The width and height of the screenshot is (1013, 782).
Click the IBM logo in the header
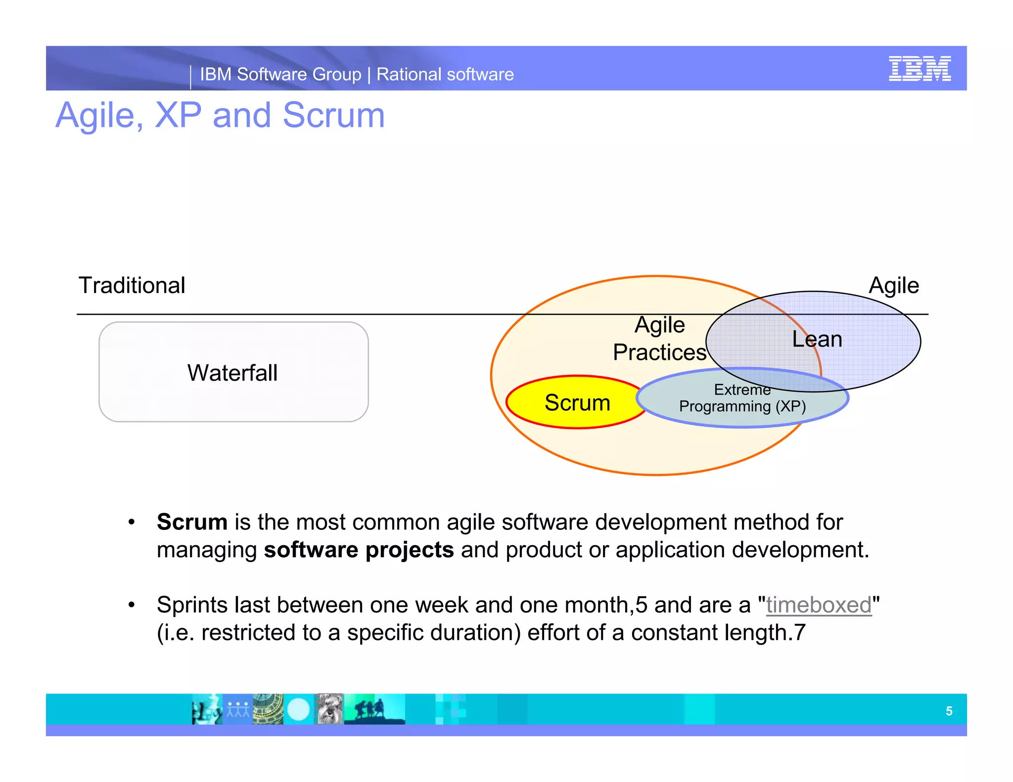pos(919,69)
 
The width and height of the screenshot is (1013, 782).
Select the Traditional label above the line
pos(132,286)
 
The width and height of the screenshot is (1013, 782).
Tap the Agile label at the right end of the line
pos(893,286)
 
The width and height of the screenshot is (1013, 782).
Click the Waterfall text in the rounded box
pos(232,373)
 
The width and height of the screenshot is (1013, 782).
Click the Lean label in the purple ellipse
pos(817,339)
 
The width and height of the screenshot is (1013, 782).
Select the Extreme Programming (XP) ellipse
pos(742,398)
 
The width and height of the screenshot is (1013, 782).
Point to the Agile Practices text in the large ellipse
pos(659,339)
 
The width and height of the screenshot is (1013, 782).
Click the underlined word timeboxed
pos(818,605)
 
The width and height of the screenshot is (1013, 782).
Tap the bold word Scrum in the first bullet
pos(192,522)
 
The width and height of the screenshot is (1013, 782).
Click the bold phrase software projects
pos(359,550)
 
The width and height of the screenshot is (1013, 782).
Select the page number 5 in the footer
pos(949,711)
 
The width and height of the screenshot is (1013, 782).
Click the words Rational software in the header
pos(445,74)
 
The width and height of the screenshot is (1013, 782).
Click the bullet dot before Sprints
pos(131,605)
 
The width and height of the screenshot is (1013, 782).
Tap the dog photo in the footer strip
pos(329,709)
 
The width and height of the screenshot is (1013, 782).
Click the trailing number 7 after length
pos(800,633)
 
